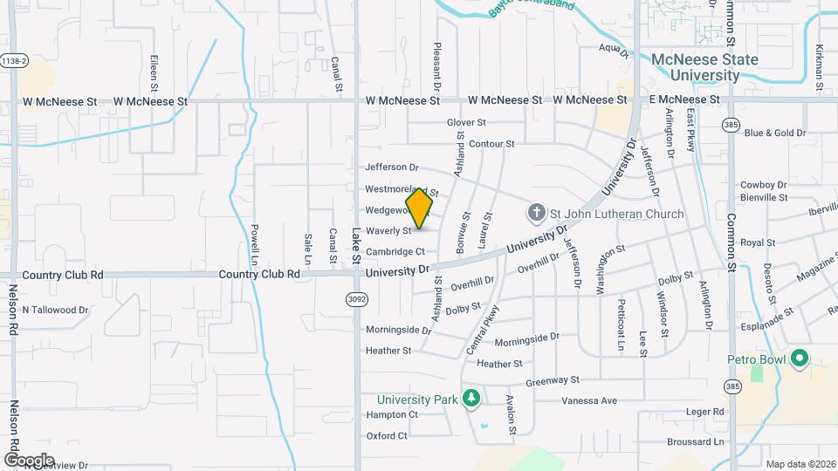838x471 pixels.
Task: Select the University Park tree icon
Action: tap(471, 399)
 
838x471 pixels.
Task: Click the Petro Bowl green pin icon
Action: tap(799, 358)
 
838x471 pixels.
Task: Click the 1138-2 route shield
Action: tap(15, 60)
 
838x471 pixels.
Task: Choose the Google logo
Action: tap(29, 460)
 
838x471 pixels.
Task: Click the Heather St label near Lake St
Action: tap(388, 351)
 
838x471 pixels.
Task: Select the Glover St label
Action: tap(466, 123)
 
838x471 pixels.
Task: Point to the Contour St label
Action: tap(492, 144)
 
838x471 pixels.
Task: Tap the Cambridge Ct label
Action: tap(395, 252)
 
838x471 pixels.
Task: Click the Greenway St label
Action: tap(553, 381)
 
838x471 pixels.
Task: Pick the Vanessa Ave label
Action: tap(589, 401)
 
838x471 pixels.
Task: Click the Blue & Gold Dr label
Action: tap(774, 133)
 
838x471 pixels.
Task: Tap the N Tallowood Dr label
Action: tap(55, 310)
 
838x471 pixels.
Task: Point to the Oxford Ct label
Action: tap(387, 435)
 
